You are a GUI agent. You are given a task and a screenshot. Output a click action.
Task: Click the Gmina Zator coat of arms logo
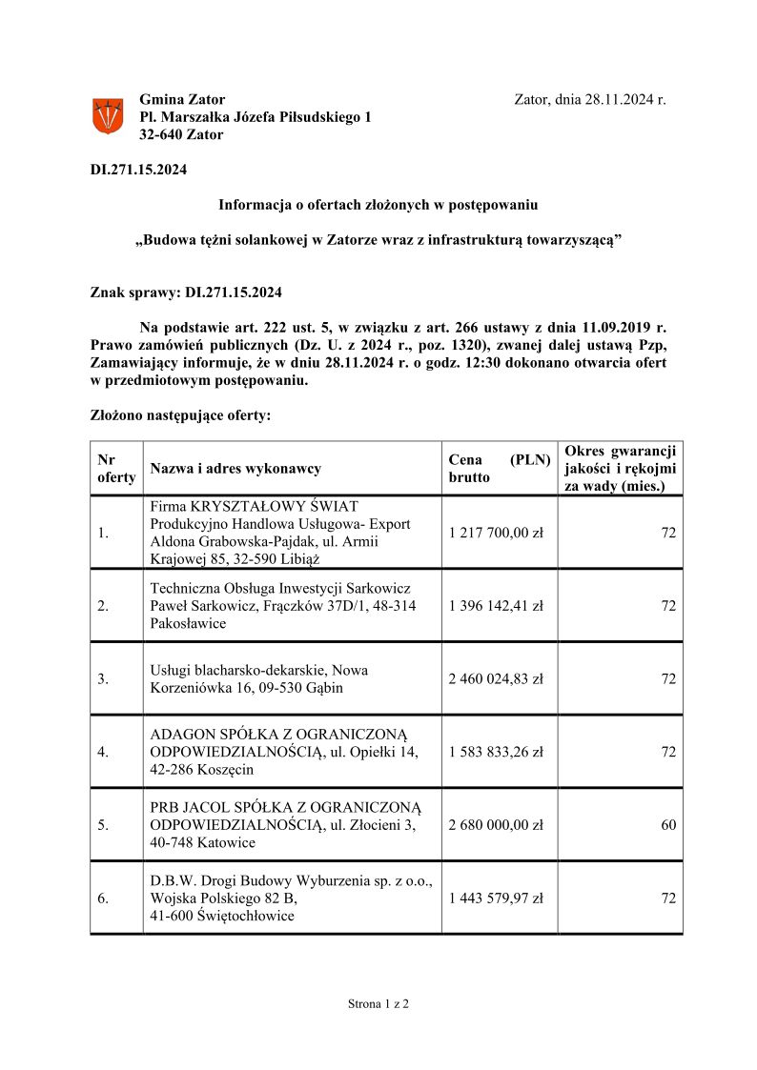click(x=107, y=116)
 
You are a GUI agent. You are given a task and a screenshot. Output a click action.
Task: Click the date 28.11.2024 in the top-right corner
click(x=620, y=99)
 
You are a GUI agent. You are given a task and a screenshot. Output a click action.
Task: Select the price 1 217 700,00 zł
click(x=496, y=533)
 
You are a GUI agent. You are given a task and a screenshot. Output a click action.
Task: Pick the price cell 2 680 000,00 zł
click(x=496, y=825)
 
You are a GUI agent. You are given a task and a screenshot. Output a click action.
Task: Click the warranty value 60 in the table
click(x=668, y=825)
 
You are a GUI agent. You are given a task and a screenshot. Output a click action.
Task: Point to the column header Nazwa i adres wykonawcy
click(x=235, y=468)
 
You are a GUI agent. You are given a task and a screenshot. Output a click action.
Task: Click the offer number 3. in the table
click(x=103, y=679)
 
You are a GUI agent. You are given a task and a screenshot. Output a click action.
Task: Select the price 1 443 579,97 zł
click(x=496, y=898)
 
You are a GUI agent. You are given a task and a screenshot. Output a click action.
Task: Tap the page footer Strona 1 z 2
click(x=378, y=1003)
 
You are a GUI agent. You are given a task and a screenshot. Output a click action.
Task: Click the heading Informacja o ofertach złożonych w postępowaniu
click(x=378, y=205)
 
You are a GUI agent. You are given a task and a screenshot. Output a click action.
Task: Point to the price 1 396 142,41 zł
click(x=496, y=606)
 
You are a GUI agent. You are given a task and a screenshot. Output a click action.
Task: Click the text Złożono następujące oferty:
click(x=180, y=416)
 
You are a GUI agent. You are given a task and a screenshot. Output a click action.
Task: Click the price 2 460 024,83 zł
click(x=496, y=679)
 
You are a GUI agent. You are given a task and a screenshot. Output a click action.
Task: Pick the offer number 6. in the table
click(x=103, y=898)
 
